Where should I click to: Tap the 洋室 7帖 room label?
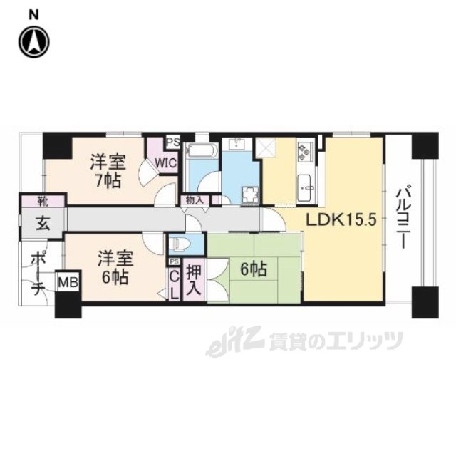(x=106, y=170)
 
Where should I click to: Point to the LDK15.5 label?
(x=341, y=221)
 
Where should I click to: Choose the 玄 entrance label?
(x=43, y=224)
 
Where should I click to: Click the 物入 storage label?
(x=193, y=200)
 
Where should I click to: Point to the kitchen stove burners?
(x=305, y=151)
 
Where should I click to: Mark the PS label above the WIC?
(x=172, y=141)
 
